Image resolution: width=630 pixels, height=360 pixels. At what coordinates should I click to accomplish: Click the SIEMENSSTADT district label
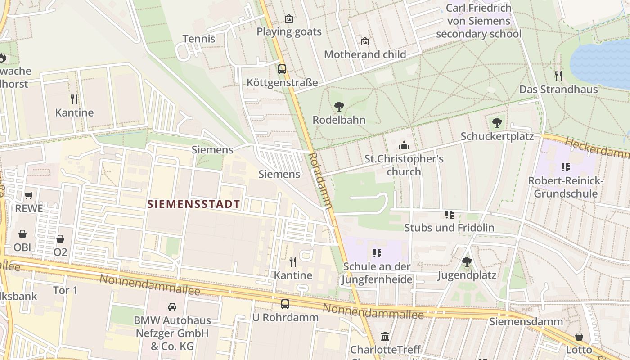pyautogui.click(x=194, y=204)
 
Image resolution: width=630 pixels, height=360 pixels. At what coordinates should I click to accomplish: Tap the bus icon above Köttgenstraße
pyautogui.click(x=282, y=69)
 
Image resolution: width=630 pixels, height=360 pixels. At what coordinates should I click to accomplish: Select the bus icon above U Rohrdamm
pyautogui.click(x=285, y=304)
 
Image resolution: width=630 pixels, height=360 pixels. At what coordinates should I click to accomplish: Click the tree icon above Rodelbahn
pyautogui.click(x=339, y=107)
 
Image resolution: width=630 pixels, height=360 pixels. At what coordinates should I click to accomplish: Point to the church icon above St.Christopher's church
pyautogui.click(x=404, y=145)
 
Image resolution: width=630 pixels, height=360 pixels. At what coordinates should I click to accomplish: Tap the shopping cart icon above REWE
pyautogui.click(x=29, y=195)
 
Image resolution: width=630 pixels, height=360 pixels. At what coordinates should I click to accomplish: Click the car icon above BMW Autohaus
pyautogui.click(x=172, y=307)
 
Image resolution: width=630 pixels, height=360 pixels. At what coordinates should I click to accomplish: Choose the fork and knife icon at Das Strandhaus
pyautogui.click(x=558, y=76)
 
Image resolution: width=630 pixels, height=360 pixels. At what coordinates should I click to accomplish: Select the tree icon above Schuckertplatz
pyautogui.click(x=497, y=122)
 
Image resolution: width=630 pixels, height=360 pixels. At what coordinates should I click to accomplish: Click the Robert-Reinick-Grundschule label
pyautogui.click(x=565, y=187)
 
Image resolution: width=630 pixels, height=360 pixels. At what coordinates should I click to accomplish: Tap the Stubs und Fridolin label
pyautogui.click(x=449, y=228)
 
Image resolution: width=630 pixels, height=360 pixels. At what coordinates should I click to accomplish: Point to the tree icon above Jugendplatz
pyautogui.click(x=467, y=261)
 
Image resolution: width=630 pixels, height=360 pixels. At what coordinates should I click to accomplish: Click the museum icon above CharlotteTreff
pyautogui.click(x=385, y=336)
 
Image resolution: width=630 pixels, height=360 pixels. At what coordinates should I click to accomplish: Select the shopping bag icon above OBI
pyautogui.click(x=22, y=234)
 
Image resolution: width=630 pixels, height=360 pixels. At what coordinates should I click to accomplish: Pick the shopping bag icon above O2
pyautogui.click(x=60, y=239)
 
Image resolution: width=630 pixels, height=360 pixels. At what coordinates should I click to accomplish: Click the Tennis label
pyautogui.click(x=199, y=39)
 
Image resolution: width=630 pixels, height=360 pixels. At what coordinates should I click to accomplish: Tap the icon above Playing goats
pyautogui.click(x=289, y=18)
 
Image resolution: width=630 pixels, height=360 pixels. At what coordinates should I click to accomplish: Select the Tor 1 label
pyautogui.click(x=66, y=290)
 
